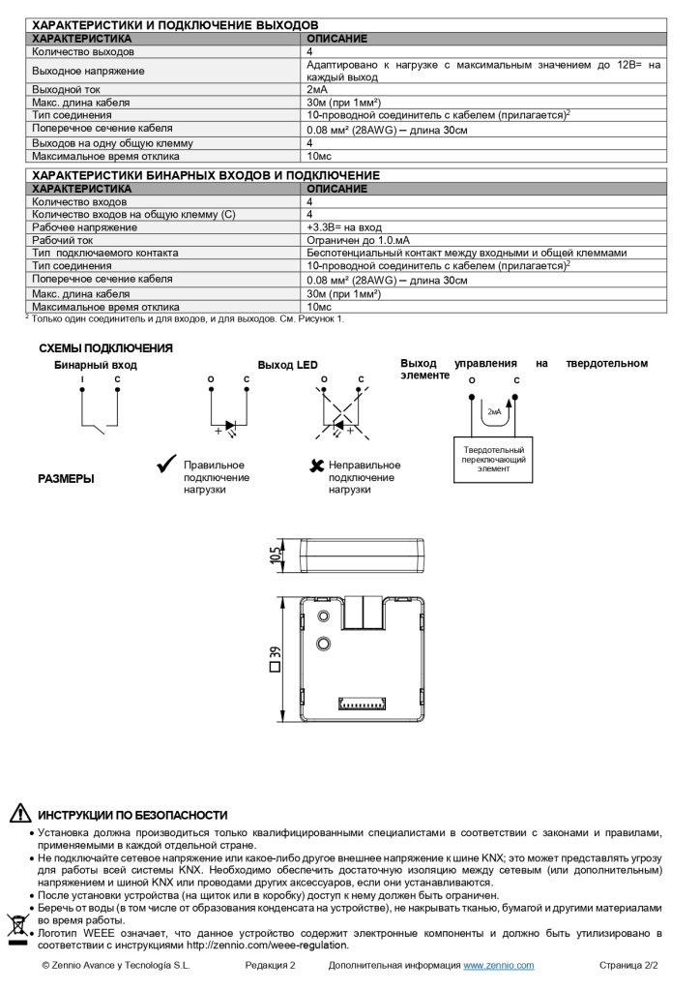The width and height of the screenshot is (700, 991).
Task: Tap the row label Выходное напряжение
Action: (88, 71)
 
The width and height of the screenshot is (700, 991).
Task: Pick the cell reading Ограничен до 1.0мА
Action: (358, 240)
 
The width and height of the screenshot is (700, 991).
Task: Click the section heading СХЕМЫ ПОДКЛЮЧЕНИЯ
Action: (105, 348)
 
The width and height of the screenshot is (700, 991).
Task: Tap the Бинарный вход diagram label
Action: (95, 366)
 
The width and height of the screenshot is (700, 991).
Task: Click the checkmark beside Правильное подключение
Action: (165, 465)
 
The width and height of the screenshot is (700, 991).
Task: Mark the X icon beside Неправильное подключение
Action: (315, 466)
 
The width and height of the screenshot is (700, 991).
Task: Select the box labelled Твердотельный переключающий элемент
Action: (493, 459)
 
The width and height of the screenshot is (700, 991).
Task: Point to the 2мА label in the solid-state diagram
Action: (494, 411)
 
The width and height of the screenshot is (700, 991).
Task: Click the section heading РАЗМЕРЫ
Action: (66, 478)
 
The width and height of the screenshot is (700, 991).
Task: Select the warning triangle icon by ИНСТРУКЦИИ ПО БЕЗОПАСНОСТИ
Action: (20, 814)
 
